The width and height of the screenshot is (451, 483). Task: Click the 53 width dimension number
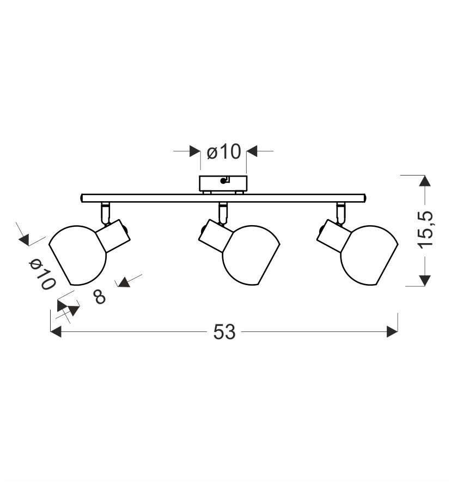coord(224,332)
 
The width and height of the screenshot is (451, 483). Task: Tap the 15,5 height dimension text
coord(426,230)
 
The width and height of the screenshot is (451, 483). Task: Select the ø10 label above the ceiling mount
coord(224,152)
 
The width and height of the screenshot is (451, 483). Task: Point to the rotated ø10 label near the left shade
coord(42,275)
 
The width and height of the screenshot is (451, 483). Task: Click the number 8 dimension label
coord(100,297)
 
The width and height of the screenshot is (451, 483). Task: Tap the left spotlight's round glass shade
coord(77,255)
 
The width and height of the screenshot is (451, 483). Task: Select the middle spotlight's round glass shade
coord(251,255)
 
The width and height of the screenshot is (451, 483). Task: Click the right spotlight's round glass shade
coord(369,255)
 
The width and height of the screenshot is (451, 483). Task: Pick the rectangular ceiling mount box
coord(223,183)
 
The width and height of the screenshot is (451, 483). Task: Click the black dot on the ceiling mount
coord(223,181)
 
